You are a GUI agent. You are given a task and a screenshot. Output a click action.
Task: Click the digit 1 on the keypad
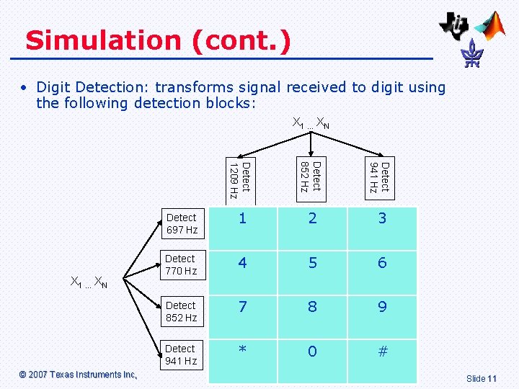(x=242, y=218)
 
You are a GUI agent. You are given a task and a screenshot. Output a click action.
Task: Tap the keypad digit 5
(x=312, y=263)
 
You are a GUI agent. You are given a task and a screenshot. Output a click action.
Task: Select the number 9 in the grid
(x=382, y=307)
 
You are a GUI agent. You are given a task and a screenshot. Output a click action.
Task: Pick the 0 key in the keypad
(x=312, y=352)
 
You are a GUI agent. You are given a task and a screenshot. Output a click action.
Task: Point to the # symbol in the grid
(x=382, y=352)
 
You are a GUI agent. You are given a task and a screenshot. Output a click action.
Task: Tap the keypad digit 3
(x=382, y=218)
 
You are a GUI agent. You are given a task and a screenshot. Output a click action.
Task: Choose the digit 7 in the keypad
(x=242, y=307)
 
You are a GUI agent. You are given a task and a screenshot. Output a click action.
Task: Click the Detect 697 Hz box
(x=182, y=223)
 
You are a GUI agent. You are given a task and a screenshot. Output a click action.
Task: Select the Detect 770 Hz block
(x=181, y=264)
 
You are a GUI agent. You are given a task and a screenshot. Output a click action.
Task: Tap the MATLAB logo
(x=494, y=25)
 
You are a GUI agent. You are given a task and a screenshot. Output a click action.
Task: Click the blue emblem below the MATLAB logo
(x=473, y=53)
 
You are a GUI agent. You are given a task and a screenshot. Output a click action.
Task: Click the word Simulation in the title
(x=104, y=40)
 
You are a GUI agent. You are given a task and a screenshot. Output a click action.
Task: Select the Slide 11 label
(x=482, y=378)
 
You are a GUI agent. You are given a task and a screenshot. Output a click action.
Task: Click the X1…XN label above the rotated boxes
(x=311, y=123)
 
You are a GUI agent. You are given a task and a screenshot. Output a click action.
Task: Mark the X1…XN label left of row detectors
(x=89, y=282)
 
